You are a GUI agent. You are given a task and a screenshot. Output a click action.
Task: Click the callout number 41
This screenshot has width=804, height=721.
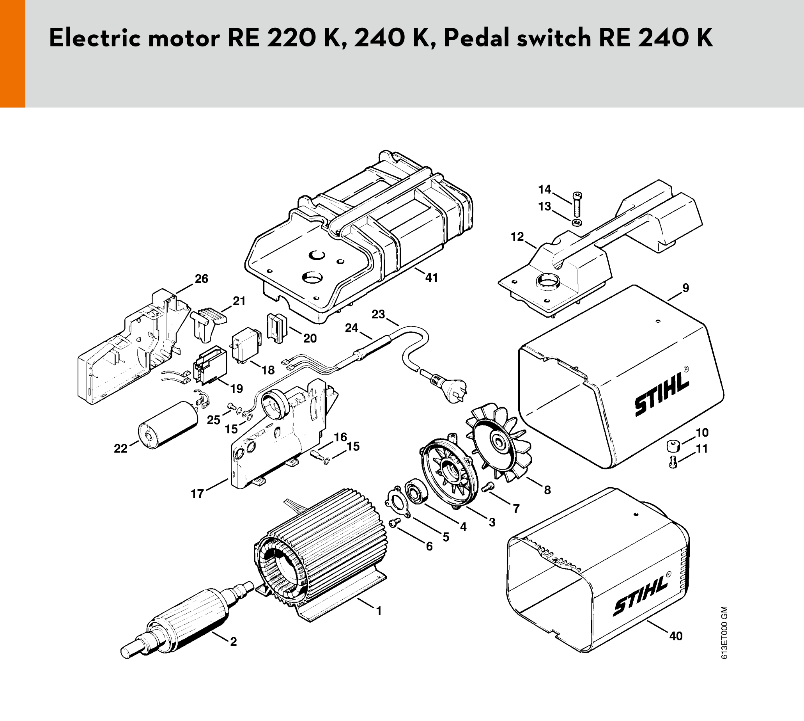pyautogui.click(x=431, y=277)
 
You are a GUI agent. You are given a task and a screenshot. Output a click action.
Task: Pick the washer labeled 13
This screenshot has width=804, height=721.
pyautogui.click(x=577, y=222)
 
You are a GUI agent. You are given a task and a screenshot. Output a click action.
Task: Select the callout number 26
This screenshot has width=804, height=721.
pyautogui.click(x=202, y=279)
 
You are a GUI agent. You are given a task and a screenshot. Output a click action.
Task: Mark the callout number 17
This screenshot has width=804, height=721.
pyautogui.click(x=197, y=494)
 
